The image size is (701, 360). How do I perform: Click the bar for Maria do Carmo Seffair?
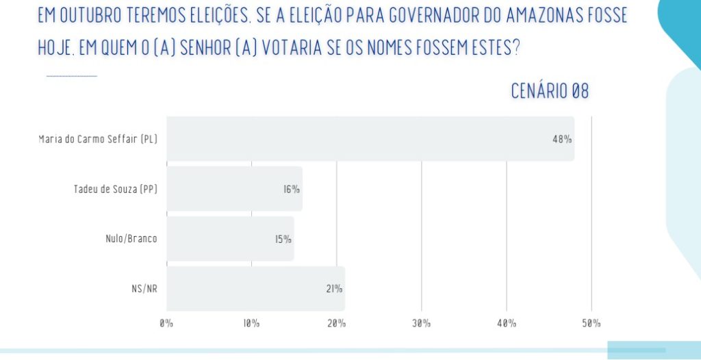tap(370, 139)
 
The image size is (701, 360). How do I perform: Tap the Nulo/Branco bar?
tap(230, 239)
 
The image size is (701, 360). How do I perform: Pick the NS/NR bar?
tap(255, 289)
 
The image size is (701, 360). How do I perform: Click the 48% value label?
tap(562, 139)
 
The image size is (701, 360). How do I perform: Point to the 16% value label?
tap(292, 189)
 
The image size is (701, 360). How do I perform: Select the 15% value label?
tap(283, 239)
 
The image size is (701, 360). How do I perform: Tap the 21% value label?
tap(335, 289)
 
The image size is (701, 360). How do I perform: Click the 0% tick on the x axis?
tap(166, 323)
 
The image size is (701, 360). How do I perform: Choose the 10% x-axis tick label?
tap(251, 323)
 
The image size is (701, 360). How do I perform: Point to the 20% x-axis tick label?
tap(336, 323)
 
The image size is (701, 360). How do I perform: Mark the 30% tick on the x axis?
tap(422, 323)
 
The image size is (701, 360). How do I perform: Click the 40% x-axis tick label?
tap(507, 323)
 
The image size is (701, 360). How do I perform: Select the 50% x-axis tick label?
tap(591, 323)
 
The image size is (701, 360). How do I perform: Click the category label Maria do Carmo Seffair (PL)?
tap(98, 140)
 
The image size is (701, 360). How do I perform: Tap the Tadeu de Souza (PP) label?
tap(115, 190)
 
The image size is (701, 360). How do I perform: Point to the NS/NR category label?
tap(145, 289)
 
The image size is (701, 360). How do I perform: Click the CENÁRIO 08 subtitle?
tap(550, 91)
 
